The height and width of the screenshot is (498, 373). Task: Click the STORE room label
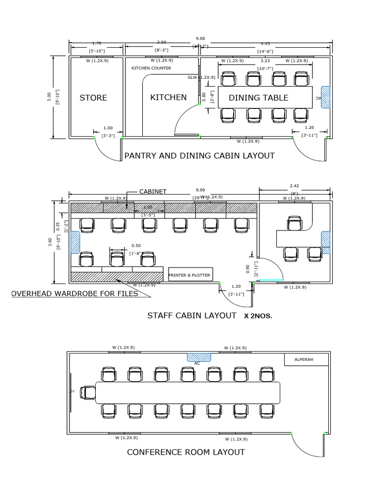click(x=93, y=98)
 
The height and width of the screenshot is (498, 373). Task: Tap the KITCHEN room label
click(x=168, y=97)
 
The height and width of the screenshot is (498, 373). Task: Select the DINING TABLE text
click(x=258, y=98)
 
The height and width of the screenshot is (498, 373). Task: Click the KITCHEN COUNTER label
click(x=151, y=68)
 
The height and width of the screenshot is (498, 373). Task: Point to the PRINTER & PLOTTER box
click(x=189, y=275)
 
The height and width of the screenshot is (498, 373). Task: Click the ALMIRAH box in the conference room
click(x=304, y=359)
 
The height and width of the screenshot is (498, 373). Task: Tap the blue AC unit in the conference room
click(x=199, y=357)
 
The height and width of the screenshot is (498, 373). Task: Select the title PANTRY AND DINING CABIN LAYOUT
click(x=200, y=156)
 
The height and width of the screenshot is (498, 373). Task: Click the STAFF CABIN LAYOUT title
click(x=191, y=315)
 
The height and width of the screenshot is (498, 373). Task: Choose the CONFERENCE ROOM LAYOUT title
click(x=186, y=452)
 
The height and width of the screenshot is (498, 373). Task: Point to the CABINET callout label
click(x=153, y=192)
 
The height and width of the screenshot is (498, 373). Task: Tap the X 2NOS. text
click(x=258, y=316)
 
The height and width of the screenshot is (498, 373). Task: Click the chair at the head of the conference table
click(x=88, y=392)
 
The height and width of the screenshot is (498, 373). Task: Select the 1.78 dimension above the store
click(x=97, y=43)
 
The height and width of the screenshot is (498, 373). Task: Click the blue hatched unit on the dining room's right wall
click(x=325, y=97)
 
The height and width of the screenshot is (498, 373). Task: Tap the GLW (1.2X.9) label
click(x=201, y=77)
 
